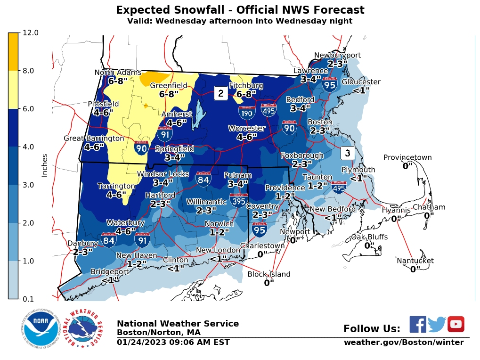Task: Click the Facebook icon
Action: [417, 324]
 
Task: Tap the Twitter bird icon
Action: [437, 324]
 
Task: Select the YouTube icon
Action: [456, 324]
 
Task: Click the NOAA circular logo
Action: [40, 328]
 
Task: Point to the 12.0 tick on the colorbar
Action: [30, 33]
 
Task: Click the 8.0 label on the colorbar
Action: [30, 71]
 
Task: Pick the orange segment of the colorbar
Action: [14, 52]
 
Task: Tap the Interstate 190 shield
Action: [247, 112]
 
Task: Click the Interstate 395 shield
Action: [239, 201]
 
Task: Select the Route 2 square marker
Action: [220, 93]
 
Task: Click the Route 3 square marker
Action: [347, 153]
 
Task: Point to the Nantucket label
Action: [415, 261]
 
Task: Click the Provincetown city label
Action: [407, 157]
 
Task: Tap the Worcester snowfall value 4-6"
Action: [246, 137]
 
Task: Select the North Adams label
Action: [118, 72]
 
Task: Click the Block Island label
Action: [269, 274]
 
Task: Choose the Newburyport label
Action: [337, 55]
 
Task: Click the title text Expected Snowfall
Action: [240, 10]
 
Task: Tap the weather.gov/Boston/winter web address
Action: [403, 342]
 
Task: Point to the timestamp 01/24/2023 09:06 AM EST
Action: [173, 342]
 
